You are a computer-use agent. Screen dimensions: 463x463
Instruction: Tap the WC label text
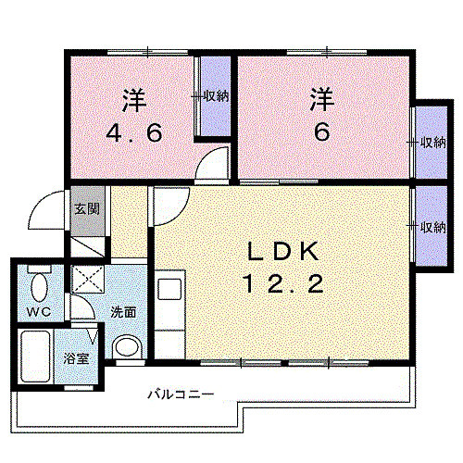[38, 310]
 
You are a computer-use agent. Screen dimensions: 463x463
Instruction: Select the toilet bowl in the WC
[39, 282]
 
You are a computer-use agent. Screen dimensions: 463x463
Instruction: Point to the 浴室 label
[76, 358]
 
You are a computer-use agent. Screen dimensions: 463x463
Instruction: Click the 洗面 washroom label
[123, 312]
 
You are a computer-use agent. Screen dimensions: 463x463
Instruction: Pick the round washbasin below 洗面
[125, 347]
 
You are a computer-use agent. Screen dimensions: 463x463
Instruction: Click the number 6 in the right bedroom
[321, 131]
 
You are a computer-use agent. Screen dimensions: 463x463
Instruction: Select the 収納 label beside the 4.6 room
[217, 96]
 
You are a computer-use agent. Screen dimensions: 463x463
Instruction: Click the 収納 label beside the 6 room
[432, 143]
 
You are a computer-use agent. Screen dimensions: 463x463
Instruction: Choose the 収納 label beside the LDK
[432, 227]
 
